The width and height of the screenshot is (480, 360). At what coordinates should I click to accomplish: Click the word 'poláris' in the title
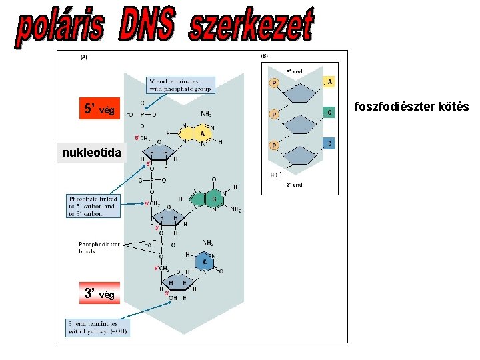[61, 28]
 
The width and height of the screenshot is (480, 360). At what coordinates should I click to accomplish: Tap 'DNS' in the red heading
[148, 27]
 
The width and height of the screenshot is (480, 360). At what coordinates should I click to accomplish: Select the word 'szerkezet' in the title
[251, 27]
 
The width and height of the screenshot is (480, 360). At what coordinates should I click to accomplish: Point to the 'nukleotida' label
[91, 153]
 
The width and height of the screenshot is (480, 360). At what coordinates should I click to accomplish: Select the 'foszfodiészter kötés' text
[411, 107]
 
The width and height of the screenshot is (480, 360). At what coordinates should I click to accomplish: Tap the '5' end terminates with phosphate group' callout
[181, 84]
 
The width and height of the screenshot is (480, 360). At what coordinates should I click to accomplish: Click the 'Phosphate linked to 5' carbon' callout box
[93, 207]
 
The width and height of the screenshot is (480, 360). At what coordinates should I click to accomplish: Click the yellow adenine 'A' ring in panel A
[202, 133]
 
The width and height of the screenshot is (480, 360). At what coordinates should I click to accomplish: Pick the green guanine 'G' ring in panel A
[214, 198]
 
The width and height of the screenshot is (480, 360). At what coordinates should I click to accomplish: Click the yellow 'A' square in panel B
[329, 81]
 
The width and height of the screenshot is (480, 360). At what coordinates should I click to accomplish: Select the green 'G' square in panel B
[329, 113]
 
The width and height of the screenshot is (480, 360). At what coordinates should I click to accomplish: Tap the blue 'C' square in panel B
[329, 144]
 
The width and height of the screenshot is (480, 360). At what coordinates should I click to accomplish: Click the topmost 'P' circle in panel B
[274, 83]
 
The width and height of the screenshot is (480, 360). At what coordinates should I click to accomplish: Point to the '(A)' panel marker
[84, 57]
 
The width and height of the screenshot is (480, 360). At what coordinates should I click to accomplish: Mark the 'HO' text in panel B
[275, 175]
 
